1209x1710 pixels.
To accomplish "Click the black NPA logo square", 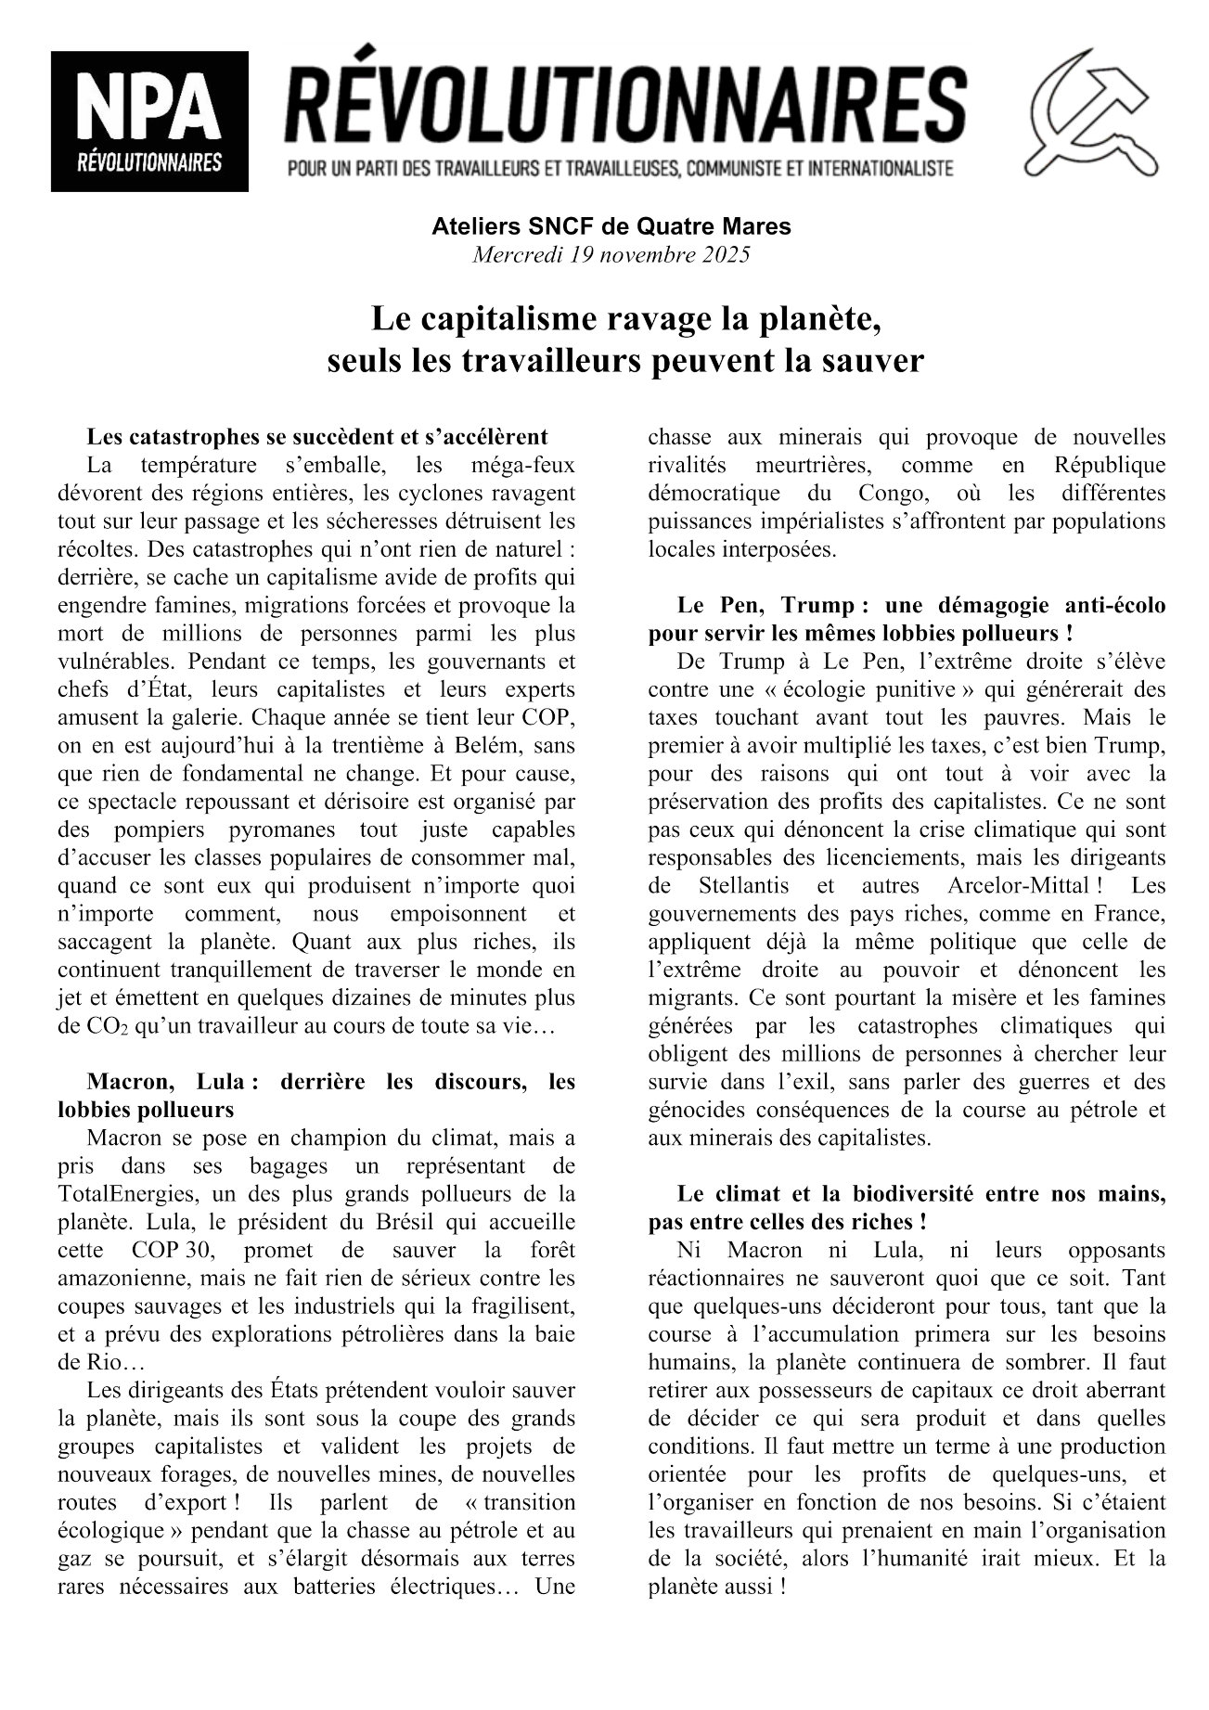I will (149, 121).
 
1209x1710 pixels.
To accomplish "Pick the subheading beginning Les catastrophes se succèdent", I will (317, 436).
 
